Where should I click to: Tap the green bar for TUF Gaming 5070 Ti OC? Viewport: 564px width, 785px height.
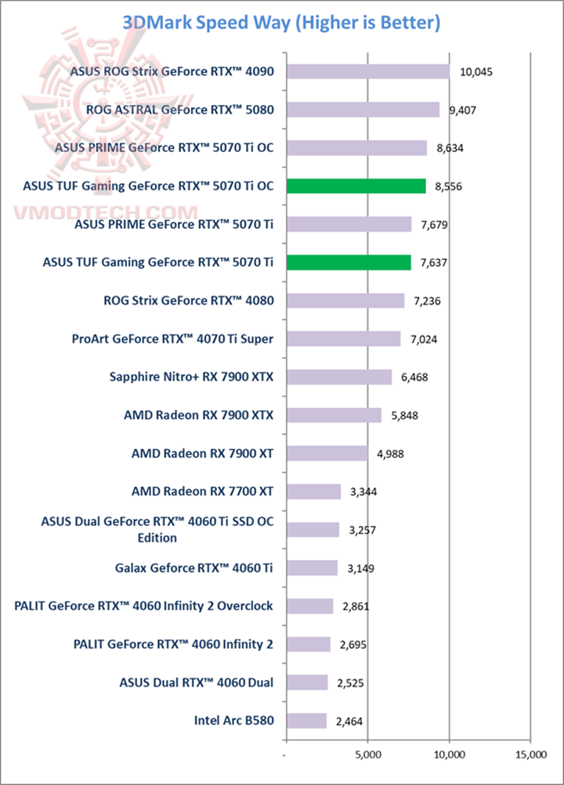(x=356, y=186)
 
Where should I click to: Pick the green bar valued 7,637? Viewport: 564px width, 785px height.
(x=349, y=262)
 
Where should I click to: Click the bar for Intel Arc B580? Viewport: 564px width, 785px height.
(x=306, y=721)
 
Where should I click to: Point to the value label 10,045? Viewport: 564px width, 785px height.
(x=475, y=72)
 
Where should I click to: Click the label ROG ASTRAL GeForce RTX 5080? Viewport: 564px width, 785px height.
(x=183, y=110)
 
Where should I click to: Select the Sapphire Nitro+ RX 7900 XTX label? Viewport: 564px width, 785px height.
(x=192, y=377)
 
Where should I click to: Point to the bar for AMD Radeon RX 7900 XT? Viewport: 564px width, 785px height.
(x=327, y=453)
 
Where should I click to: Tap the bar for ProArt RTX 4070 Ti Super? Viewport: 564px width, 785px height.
(x=343, y=338)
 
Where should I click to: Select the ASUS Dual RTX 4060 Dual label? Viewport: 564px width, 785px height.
(x=197, y=682)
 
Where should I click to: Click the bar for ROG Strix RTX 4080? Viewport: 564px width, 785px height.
(x=345, y=301)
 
